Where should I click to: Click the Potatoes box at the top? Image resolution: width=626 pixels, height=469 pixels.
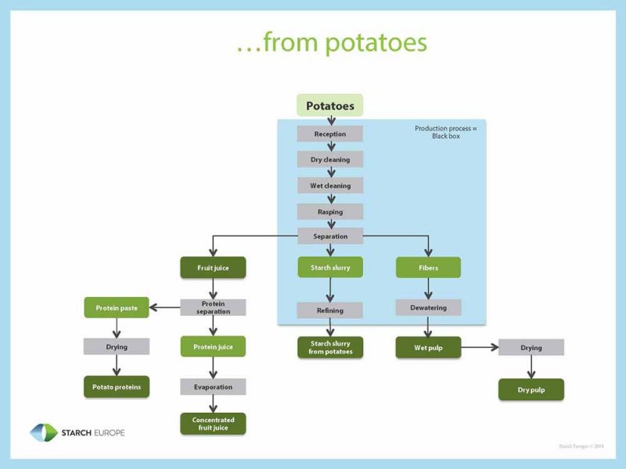329,106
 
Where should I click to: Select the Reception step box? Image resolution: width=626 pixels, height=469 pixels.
329,134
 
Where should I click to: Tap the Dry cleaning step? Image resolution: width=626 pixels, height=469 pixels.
329,159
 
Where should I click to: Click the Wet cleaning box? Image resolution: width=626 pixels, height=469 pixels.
329,186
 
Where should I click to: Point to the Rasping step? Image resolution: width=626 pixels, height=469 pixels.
329,212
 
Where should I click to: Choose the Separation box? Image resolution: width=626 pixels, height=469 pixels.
329,236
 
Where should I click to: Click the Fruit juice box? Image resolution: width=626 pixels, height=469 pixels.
213,267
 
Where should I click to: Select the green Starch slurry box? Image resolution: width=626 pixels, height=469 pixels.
329,267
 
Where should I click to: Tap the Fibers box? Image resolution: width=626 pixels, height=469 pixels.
428,267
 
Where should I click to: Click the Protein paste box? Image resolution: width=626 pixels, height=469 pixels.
116,308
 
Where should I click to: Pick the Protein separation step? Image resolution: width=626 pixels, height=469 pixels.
213,308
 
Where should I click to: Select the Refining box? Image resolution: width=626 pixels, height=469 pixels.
329,310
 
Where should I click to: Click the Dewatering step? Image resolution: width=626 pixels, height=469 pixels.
428,308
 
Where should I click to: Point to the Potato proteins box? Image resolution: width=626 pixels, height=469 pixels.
116,386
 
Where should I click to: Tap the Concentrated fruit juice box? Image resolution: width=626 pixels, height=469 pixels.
213,424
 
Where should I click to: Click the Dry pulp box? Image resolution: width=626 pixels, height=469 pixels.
531,389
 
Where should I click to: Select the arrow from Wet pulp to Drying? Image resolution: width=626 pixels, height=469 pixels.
479,347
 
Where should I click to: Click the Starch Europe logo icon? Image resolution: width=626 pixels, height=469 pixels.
43,432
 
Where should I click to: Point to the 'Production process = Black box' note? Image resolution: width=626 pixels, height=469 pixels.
445,132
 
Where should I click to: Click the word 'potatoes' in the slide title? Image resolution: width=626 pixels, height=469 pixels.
377,44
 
